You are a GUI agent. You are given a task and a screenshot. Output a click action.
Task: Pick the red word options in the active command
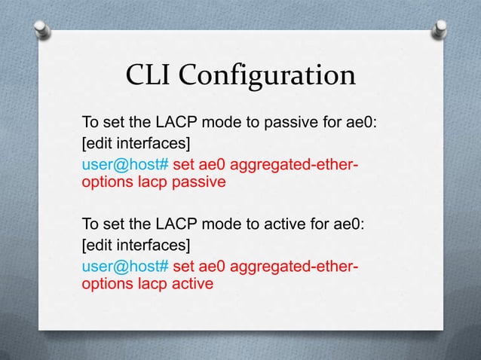click(105, 285)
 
